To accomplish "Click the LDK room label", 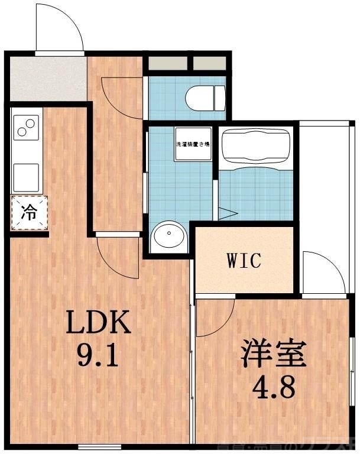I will tap(98, 323).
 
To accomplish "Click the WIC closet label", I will tap(244, 261).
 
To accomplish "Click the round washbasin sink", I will tap(169, 237).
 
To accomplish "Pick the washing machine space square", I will tap(193, 143).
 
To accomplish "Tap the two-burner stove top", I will tap(26, 127).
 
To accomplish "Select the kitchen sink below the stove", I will tap(26, 177).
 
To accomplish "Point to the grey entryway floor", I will tap(47, 79).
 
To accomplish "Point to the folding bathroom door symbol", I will tap(228, 213).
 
